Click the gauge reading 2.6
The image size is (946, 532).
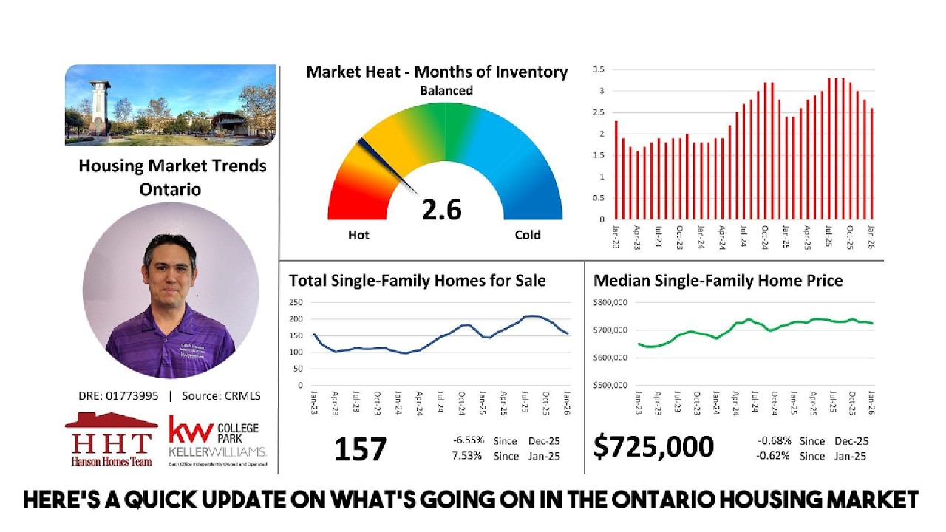[x=441, y=209]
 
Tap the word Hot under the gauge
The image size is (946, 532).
[x=358, y=235]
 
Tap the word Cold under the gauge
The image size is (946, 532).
[x=528, y=235]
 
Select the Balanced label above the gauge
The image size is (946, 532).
[x=446, y=90]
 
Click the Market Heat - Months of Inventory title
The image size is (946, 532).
[x=437, y=72]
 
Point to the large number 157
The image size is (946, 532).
[x=360, y=449]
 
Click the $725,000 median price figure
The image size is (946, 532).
[x=654, y=447]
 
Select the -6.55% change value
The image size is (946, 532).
[x=469, y=441]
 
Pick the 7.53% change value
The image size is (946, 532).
[x=467, y=456]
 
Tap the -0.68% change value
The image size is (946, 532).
[x=774, y=441]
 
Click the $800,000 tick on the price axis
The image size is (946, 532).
[x=610, y=302]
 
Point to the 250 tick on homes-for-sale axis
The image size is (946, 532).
[x=296, y=302]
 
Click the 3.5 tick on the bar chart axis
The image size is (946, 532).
[x=599, y=69]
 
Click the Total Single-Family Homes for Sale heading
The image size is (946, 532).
[x=417, y=281]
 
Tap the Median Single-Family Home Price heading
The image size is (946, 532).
[x=718, y=281]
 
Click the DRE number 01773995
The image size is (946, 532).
[x=132, y=396]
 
